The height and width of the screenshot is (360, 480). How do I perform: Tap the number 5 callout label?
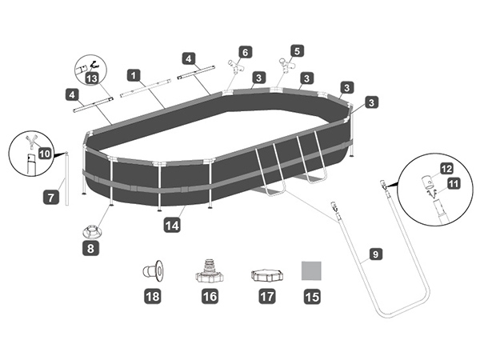[x=298, y=50]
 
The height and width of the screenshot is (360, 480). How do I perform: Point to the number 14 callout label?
[x=170, y=226]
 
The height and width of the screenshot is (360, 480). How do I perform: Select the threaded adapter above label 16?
[x=208, y=271]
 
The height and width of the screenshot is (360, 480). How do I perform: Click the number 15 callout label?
[x=310, y=297]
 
